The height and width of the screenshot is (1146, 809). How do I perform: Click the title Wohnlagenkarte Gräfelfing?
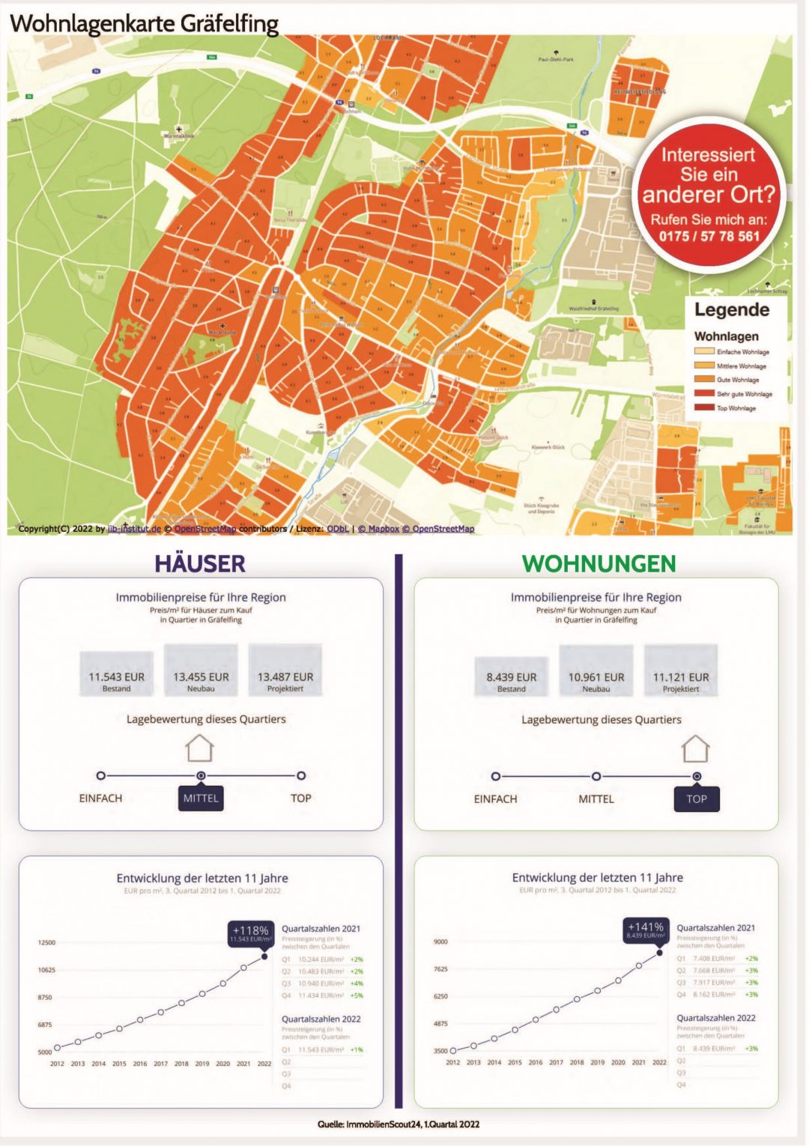pyautogui.click(x=144, y=23)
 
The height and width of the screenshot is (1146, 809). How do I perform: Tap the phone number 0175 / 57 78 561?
pyautogui.click(x=709, y=237)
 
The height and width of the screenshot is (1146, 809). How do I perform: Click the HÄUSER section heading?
pyautogui.click(x=200, y=563)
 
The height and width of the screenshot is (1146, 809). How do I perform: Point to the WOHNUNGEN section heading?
pyautogui.click(x=599, y=563)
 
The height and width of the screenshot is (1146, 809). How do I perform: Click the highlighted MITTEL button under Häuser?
pyautogui.click(x=201, y=798)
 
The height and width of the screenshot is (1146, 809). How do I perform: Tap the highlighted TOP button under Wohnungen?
pyautogui.click(x=697, y=799)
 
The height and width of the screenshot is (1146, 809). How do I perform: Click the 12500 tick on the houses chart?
pyautogui.click(x=46, y=942)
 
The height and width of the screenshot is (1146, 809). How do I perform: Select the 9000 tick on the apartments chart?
pyautogui.click(x=440, y=942)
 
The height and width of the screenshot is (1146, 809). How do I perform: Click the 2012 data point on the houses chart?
pyautogui.click(x=57, y=1048)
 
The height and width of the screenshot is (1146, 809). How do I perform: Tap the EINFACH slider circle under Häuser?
pyautogui.click(x=101, y=776)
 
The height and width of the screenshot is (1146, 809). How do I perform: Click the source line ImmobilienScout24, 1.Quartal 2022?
pyautogui.click(x=398, y=1124)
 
